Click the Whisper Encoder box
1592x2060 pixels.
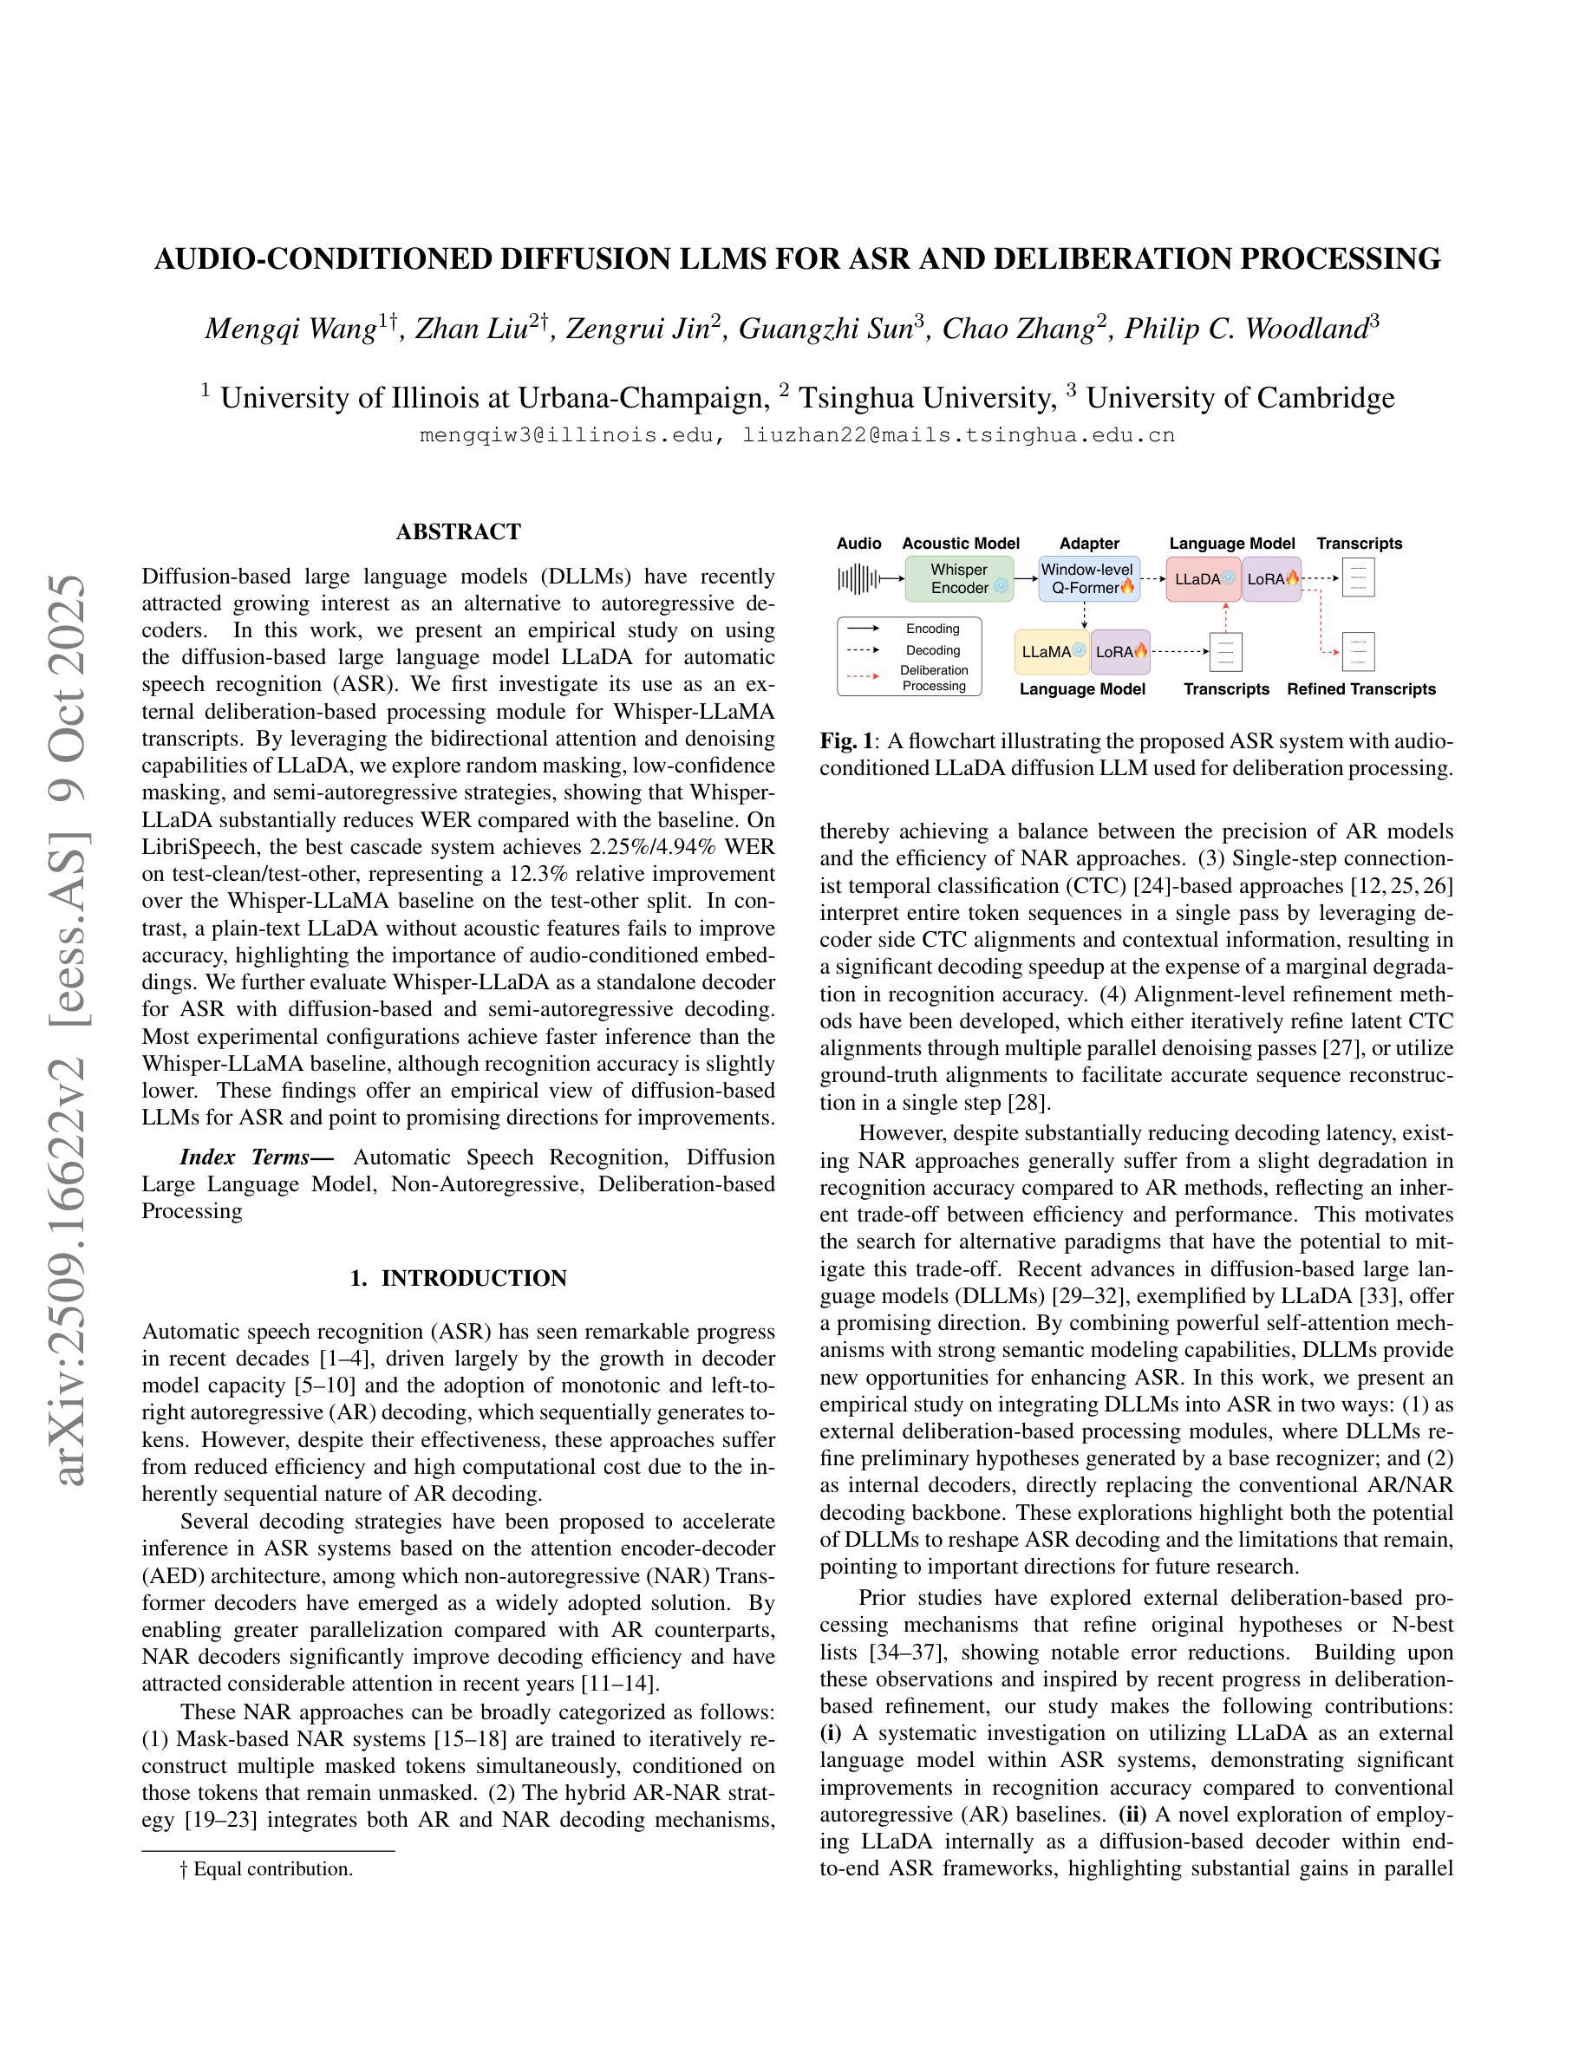tap(958, 578)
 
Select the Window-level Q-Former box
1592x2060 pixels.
tap(1089, 578)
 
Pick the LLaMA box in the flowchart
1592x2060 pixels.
tap(1053, 651)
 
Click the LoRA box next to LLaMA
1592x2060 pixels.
tap(1120, 651)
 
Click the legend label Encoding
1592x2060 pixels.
tap(933, 629)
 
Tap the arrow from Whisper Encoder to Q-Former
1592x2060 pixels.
tap(1026, 578)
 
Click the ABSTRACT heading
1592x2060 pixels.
tap(459, 532)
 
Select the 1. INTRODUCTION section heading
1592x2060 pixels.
tap(459, 1278)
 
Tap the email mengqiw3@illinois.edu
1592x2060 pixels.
tap(569, 436)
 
